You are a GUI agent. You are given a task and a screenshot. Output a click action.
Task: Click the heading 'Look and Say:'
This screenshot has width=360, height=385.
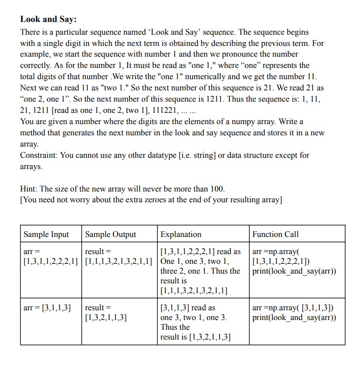pos(48,20)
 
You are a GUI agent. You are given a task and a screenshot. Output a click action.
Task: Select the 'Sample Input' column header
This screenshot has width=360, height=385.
pos(46,234)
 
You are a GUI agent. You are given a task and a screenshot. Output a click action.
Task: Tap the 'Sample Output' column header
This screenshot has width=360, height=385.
pos(111,234)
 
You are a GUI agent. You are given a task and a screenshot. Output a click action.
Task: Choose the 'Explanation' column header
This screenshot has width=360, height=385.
pos(181,234)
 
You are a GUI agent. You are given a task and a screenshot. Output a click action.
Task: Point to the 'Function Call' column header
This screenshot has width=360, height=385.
pos(275,234)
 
